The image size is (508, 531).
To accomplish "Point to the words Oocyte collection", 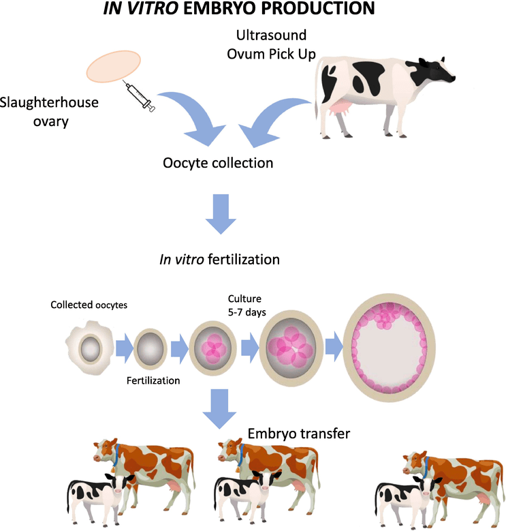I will tap(218, 164).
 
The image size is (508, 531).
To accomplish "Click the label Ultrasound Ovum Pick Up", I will tap(271, 42).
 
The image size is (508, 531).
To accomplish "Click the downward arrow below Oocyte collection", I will tap(220, 213).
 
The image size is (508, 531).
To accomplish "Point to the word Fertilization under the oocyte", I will tap(154, 380).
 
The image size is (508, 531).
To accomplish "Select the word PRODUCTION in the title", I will tap(311, 9).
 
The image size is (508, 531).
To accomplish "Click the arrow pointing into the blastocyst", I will tap(333, 347).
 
